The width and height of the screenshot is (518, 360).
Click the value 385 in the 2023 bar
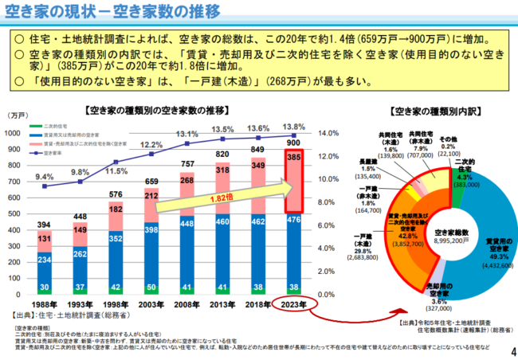click(x=292, y=159)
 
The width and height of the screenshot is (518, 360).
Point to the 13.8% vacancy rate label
click(x=292, y=126)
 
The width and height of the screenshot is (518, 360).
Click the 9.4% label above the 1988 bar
click(x=45, y=177)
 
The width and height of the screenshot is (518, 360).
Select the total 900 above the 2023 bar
click(x=292, y=143)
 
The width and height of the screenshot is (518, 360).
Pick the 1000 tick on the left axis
click(x=18, y=134)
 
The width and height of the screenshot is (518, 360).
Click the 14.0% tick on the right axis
click(x=328, y=134)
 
